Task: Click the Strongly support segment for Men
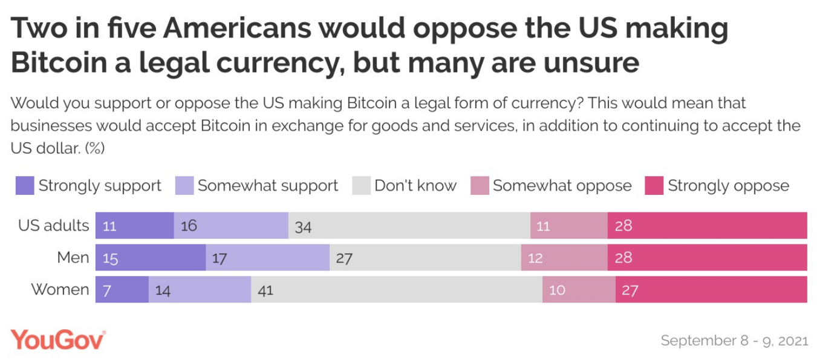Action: point(151,258)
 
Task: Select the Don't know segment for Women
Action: point(397,290)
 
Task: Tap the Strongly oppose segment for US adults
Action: point(707,226)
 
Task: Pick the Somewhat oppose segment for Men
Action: point(564,258)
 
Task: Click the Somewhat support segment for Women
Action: point(200,290)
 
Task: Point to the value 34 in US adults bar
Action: point(303,226)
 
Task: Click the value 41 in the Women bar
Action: point(265,290)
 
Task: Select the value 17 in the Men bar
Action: point(220,258)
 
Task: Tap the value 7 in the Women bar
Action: point(106,290)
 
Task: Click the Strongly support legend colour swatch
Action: point(25,186)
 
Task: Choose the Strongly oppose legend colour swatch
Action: point(654,186)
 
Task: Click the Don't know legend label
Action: point(415,186)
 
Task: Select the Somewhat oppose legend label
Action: point(562,186)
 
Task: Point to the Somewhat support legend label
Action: point(268,186)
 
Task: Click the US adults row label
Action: point(53,226)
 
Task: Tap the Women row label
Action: point(60,290)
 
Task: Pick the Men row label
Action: point(73,258)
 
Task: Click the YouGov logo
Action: point(58,340)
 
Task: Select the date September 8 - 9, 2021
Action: point(734,341)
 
